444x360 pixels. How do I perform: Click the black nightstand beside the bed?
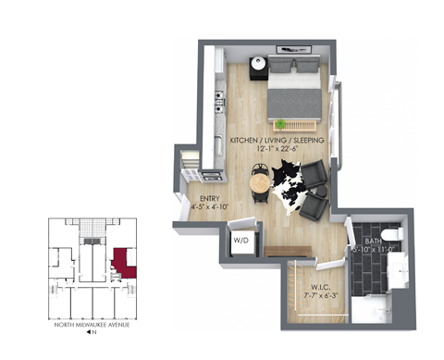259,68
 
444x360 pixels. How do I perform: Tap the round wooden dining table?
261,182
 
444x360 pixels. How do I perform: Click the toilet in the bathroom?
389,233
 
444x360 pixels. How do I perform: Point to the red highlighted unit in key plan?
124,263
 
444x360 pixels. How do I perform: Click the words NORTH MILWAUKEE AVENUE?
92,326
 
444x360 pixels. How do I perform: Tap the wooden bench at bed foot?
296,124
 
